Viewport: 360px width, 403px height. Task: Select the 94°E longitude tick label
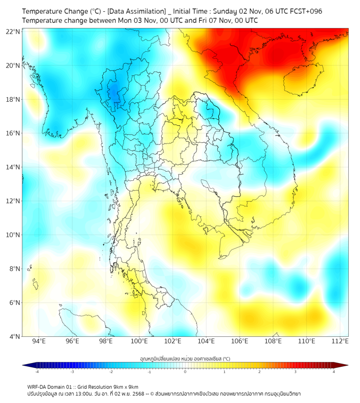click(x=39, y=341)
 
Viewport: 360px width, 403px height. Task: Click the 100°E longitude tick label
click(x=139, y=341)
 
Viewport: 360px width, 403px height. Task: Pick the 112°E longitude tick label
click(x=340, y=341)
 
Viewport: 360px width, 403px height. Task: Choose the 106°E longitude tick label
click(x=240, y=341)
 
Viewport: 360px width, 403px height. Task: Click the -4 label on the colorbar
click(x=37, y=372)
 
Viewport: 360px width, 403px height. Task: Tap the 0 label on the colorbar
click(x=185, y=372)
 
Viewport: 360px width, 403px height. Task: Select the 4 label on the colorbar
click(x=334, y=372)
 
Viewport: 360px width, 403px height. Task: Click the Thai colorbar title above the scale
click(x=185, y=359)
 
